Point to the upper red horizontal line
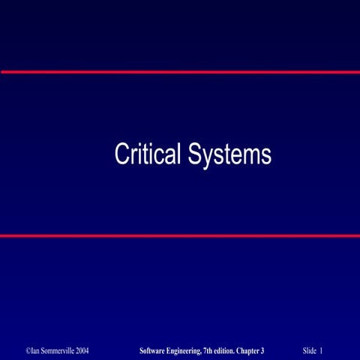tap(180, 72)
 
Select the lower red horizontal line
tap(180, 235)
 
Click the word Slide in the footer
tap(310, 350)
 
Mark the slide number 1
tap(322, 350)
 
